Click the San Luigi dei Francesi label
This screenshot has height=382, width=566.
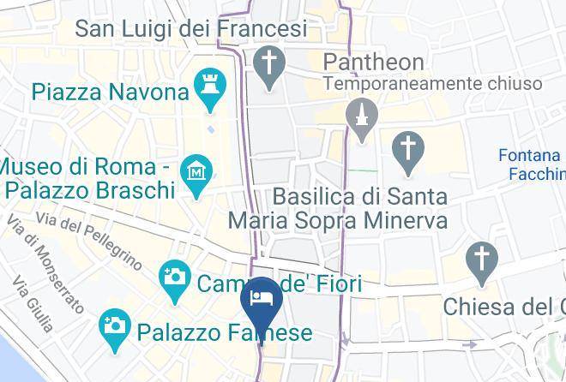click(x=191, y=29)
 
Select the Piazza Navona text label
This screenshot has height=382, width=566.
click(x=110, y=91)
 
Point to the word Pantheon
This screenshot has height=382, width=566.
click(x=373, y=62)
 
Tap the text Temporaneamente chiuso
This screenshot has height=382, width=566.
click(x=432, y=83)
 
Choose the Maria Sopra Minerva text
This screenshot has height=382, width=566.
click(x=337, y=220)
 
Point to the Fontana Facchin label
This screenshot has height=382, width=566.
click(x=531, y=164)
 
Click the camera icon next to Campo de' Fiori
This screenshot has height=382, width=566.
click(x=175, y=279)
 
